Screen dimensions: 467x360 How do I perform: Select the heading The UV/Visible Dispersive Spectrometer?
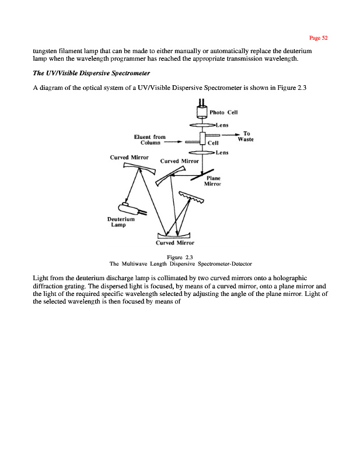92,74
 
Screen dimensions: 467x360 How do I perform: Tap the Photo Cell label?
223,113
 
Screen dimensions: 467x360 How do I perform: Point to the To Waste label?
246,135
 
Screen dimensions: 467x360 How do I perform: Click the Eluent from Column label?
149,140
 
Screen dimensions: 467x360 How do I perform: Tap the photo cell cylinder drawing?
202,113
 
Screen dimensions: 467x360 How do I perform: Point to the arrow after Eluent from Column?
173,141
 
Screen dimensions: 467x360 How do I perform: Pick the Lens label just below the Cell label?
222,153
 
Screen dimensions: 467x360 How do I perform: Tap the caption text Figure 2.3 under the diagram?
180,257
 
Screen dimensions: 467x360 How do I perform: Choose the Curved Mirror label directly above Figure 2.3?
175,242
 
